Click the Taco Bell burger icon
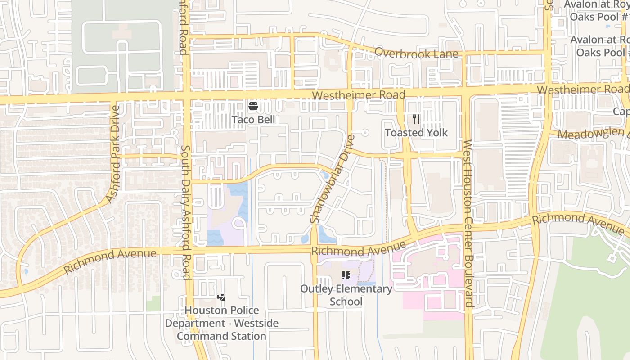pos(253,107)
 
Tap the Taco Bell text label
pos(253,120)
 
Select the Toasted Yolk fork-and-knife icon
pos(416,119)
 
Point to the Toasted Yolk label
pos(416,133)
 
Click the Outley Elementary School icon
pos(346,275)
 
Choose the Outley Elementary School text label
pos(346,295)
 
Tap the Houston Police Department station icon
pos(221,297)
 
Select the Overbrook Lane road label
pos(416,53)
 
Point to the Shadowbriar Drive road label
pos(333,179)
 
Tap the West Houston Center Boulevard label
pos(468,223)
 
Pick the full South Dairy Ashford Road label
pos(186,212)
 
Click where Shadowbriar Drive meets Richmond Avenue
pos(314,250)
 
